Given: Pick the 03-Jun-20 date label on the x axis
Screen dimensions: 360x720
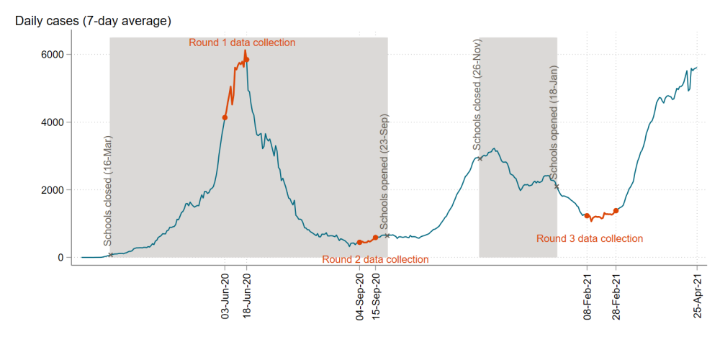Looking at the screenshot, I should tap(225, 295).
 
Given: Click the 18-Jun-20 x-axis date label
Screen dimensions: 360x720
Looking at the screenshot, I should tap(247, 295).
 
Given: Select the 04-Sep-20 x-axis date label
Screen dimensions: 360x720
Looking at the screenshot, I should tap(360, 295).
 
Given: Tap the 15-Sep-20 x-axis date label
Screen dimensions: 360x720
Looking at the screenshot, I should tap(376, 295).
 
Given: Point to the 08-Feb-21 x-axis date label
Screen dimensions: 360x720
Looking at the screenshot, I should tap(588, 295).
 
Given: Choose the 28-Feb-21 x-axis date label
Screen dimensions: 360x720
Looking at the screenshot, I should tap(616, 295).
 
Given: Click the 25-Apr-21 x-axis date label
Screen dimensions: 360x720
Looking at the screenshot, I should tap(697, 295).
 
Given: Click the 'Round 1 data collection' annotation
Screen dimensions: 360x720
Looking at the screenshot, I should tap(242, 42).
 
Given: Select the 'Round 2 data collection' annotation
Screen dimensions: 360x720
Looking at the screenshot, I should tap(375, 259).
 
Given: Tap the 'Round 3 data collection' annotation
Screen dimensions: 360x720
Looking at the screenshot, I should tap(590, 238).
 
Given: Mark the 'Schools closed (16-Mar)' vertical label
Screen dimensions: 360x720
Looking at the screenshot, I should tap(107, 192).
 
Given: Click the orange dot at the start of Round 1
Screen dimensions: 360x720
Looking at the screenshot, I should tap(225, 117).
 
